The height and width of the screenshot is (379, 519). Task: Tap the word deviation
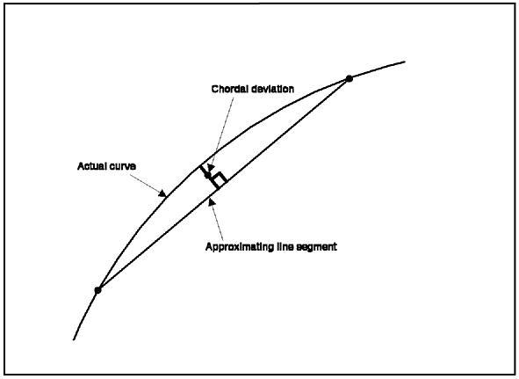point(272,89)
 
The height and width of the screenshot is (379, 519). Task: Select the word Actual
point(91,166)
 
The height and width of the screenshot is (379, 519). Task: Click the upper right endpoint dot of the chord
point(349,78)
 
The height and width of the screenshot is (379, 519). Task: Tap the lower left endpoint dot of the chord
point(97,290)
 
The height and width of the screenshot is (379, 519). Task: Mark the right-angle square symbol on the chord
point(220,180)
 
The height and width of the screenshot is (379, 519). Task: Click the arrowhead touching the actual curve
point(162,193)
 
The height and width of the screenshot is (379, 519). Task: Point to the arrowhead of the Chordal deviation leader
point(210,168)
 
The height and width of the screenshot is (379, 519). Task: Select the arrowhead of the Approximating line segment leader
point(211,200)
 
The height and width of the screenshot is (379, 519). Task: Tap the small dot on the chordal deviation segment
point(208,175)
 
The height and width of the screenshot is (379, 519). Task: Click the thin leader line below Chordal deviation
point(222,131)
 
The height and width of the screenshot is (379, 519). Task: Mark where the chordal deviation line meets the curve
point(199,167)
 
